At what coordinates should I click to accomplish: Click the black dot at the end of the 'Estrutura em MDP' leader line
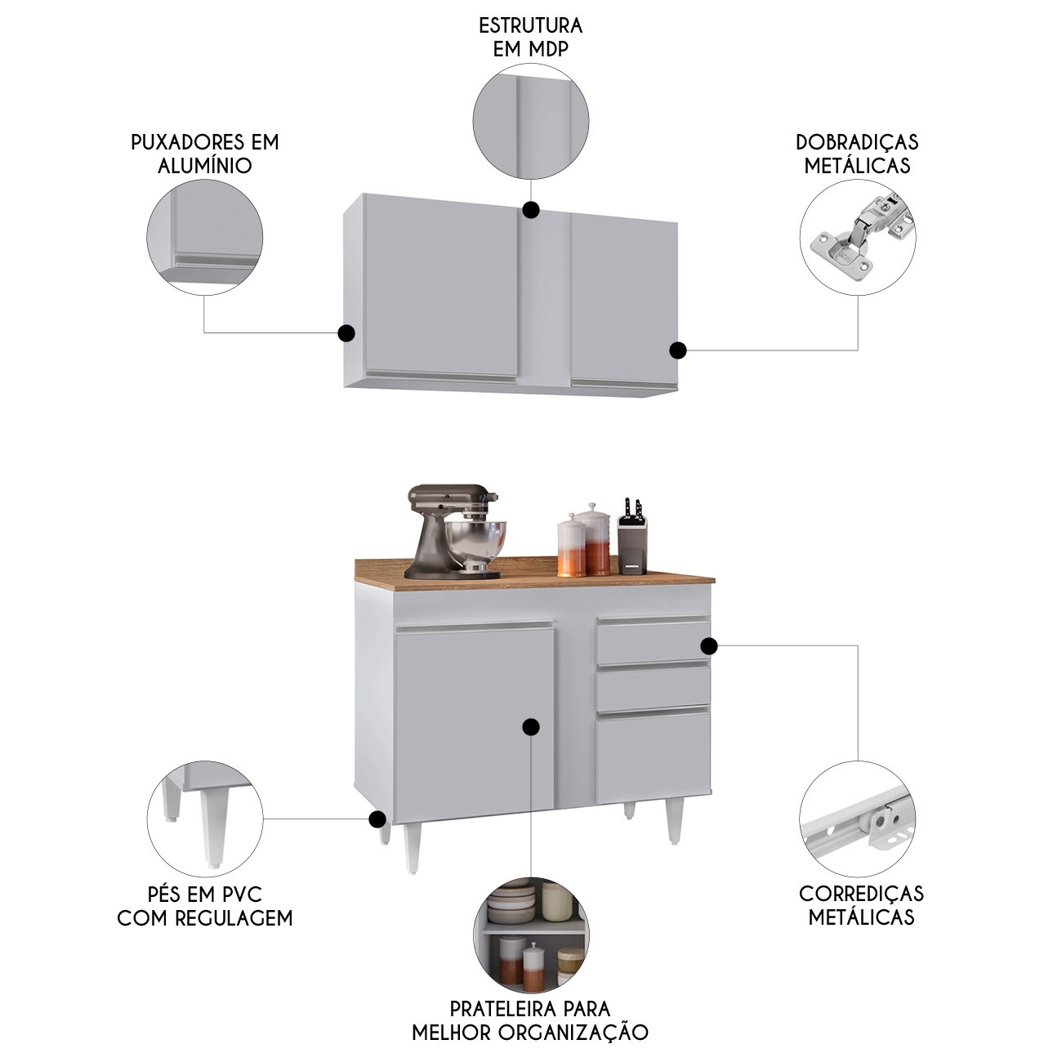pyautogui.click(x=531, y=209)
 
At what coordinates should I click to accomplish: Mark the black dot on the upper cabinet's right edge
pyautogui.click(x=678, y=350)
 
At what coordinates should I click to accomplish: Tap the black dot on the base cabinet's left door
pyautogui.click(x=531, y=727)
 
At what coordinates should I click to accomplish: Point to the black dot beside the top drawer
pyautogui.click(x=709, y=645)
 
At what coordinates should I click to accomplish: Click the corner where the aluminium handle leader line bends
pyautogui.click(x=204, y=332)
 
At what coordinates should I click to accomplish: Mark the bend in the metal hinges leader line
pyautogui.click(x=858, y=350)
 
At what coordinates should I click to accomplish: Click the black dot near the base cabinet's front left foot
pyautogui.click(x=377, y=834)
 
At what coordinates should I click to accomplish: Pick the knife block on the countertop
pyautogui.click(x=631, y=538)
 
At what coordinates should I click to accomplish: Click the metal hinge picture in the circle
pyautogui.click(x=858, y=237)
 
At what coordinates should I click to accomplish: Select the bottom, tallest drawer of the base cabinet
pyautogui.click(x=653, y=749)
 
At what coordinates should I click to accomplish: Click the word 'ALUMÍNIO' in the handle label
pyautogui.click(x=205, y=166)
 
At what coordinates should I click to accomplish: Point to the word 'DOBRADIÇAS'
pyautogui.click(x=858, y=142)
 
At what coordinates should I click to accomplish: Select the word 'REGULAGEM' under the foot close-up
pyautogui.click(x=234, y=919)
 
